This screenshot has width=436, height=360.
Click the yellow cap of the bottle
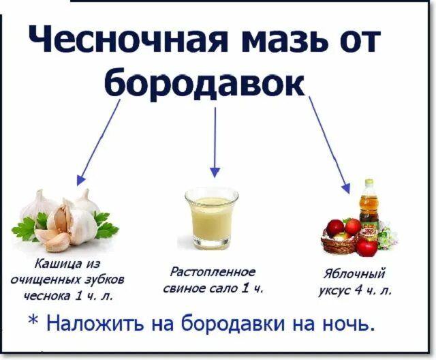pyautogui.click(x=369, y=183)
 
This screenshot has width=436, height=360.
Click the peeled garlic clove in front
pyautogui.click(x=53, y=239)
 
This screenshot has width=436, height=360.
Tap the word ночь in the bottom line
pyautogui.click(x=347, y=322)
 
